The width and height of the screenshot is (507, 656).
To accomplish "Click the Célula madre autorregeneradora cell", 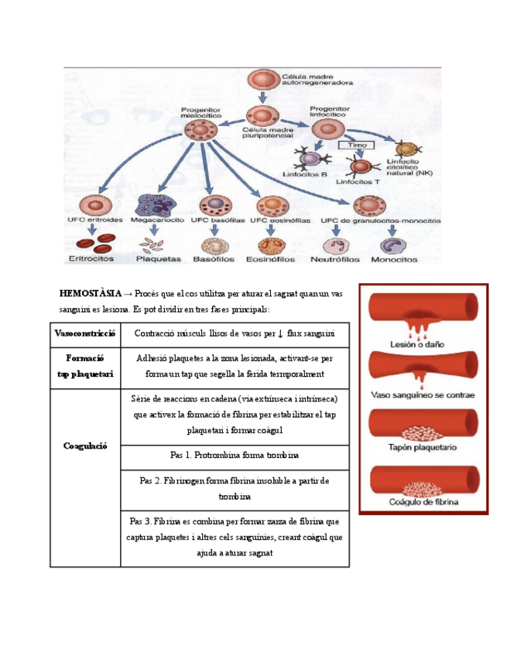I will [260, 80].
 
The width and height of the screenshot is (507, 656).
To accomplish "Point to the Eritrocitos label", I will [91, 259].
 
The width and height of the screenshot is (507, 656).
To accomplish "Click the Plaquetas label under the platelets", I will [158, 259].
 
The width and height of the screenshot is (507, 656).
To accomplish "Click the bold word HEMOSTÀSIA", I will [91, 293].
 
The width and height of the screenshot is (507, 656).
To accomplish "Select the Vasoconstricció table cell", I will [85, 334].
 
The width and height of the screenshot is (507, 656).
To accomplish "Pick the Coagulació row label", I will [85, 446].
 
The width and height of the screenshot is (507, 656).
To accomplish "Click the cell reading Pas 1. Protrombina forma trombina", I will [235, 456].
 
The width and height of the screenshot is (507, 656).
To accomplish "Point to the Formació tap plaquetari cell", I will [85, 366].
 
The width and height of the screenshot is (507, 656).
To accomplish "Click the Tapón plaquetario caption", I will [423, 448].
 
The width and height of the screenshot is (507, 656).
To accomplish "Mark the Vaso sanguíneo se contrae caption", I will [423, 395].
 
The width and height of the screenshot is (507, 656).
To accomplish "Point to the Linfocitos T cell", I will [359, 166].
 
